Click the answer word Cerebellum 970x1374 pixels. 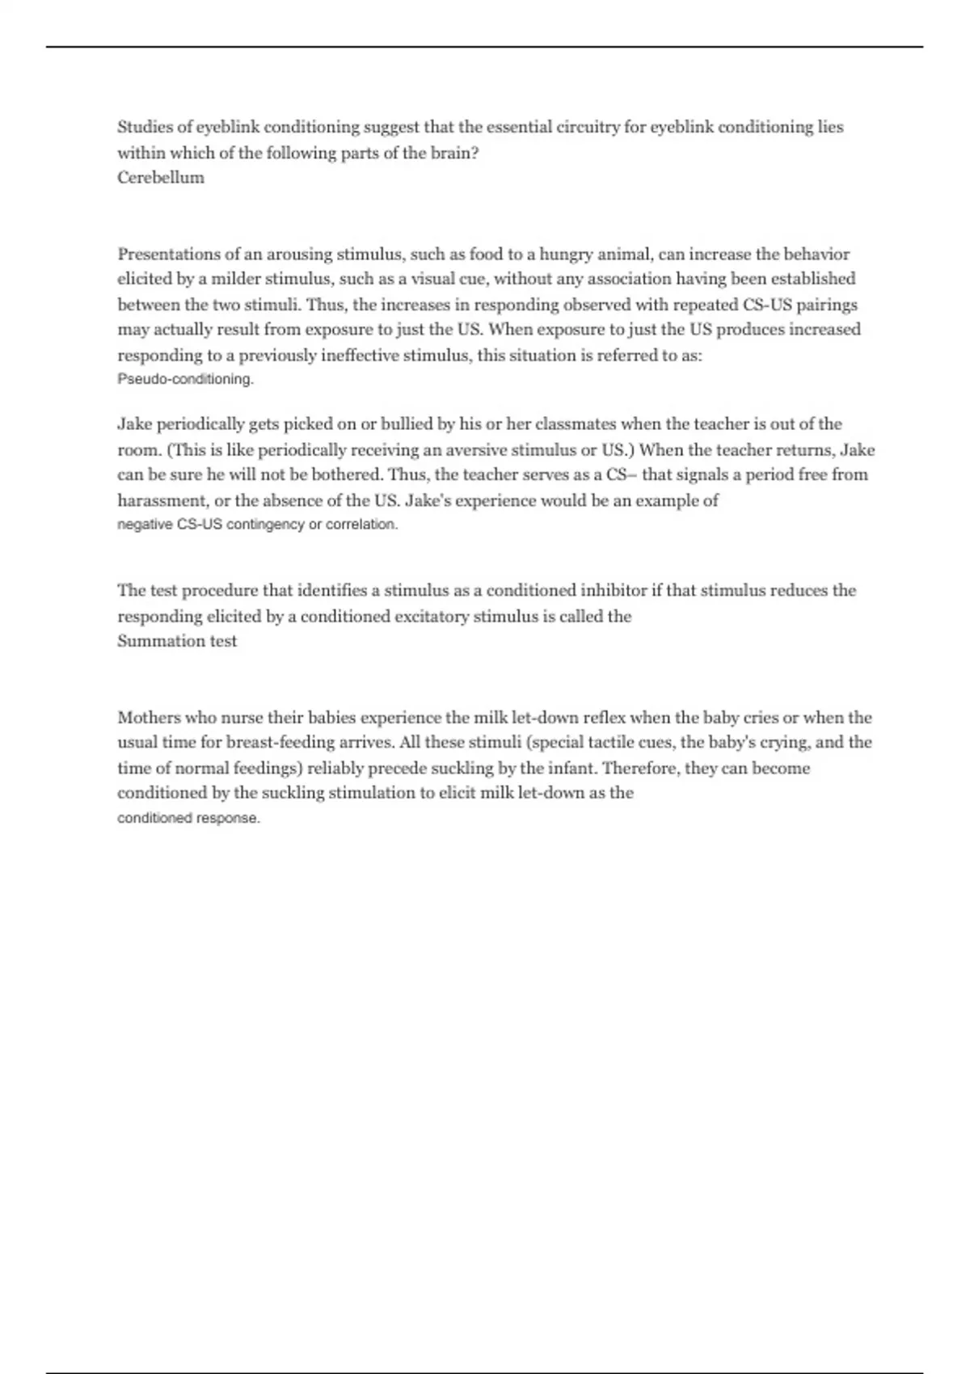[161, 178]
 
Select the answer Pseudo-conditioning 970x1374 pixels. [185, 379]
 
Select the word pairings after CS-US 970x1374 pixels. [827, 305]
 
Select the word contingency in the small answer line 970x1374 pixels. [265, 525]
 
